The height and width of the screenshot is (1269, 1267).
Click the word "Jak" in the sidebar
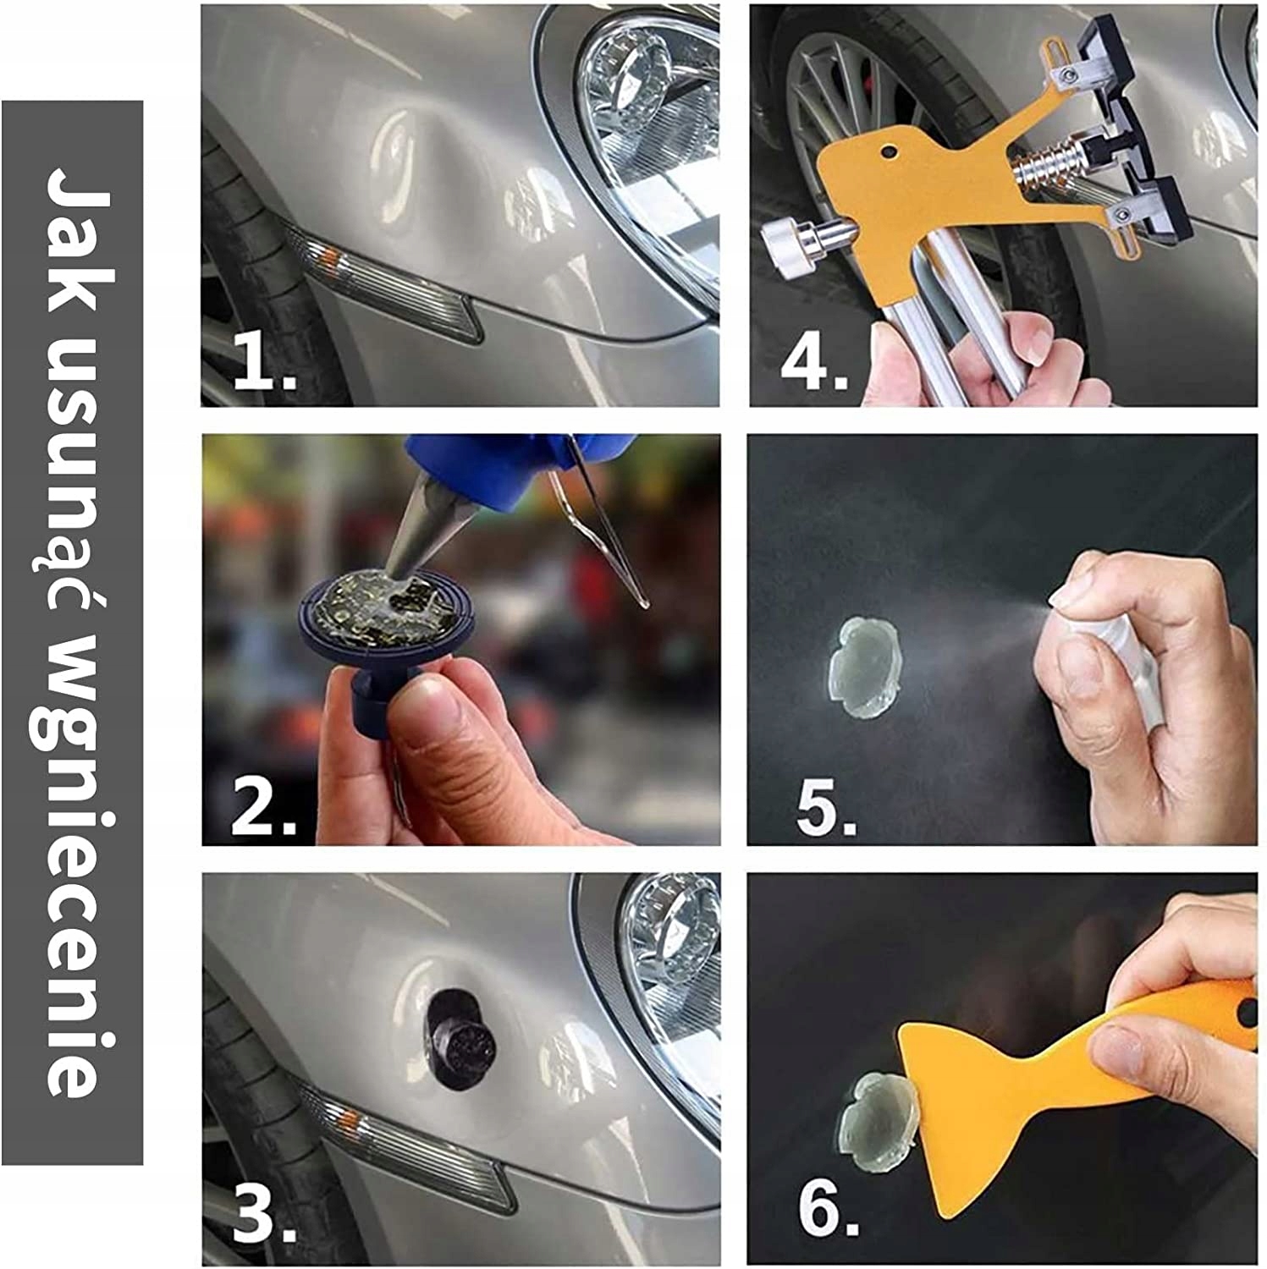coord(73,229)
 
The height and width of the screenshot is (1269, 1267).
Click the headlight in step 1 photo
coord(647,144)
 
